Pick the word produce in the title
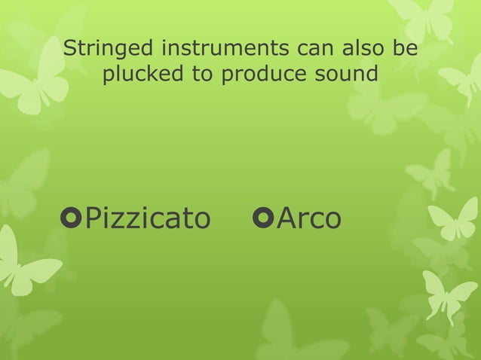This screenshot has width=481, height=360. [x=260, y=76]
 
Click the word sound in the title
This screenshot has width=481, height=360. [x=342, y=75]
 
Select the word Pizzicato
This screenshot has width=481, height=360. [x=147, y=218]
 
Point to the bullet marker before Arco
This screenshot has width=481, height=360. [x=265, y=218]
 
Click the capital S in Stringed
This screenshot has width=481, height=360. [x=71, y=50]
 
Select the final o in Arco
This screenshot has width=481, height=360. [x=332, y=220]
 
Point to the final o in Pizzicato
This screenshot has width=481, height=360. [x=201, y=220]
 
